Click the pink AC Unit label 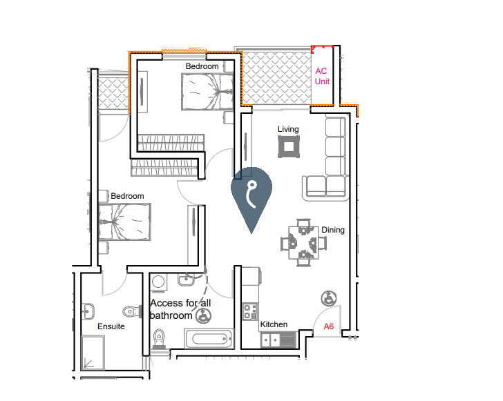tap(322, 76)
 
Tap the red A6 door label tap(328, 326)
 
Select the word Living tap(288, 129)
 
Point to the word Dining tap(333, 230)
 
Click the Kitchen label tap(274, 324)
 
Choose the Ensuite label tap(111, 326)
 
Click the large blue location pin tap(251, 199)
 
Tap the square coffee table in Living tap(289, 146)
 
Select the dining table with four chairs tap(303, 243)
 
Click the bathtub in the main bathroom tap(209, 338)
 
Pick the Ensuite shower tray tap(93, 353)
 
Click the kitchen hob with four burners tap(250, 311)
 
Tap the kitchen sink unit tap(278, 340)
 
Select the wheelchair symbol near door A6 tap(329, 298)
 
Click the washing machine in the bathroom tap(158, 282)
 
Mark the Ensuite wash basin tap(88, 311)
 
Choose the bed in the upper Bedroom tap(207, 92)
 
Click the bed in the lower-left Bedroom tap(124, 222)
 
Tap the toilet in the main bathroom tap(158, 339)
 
